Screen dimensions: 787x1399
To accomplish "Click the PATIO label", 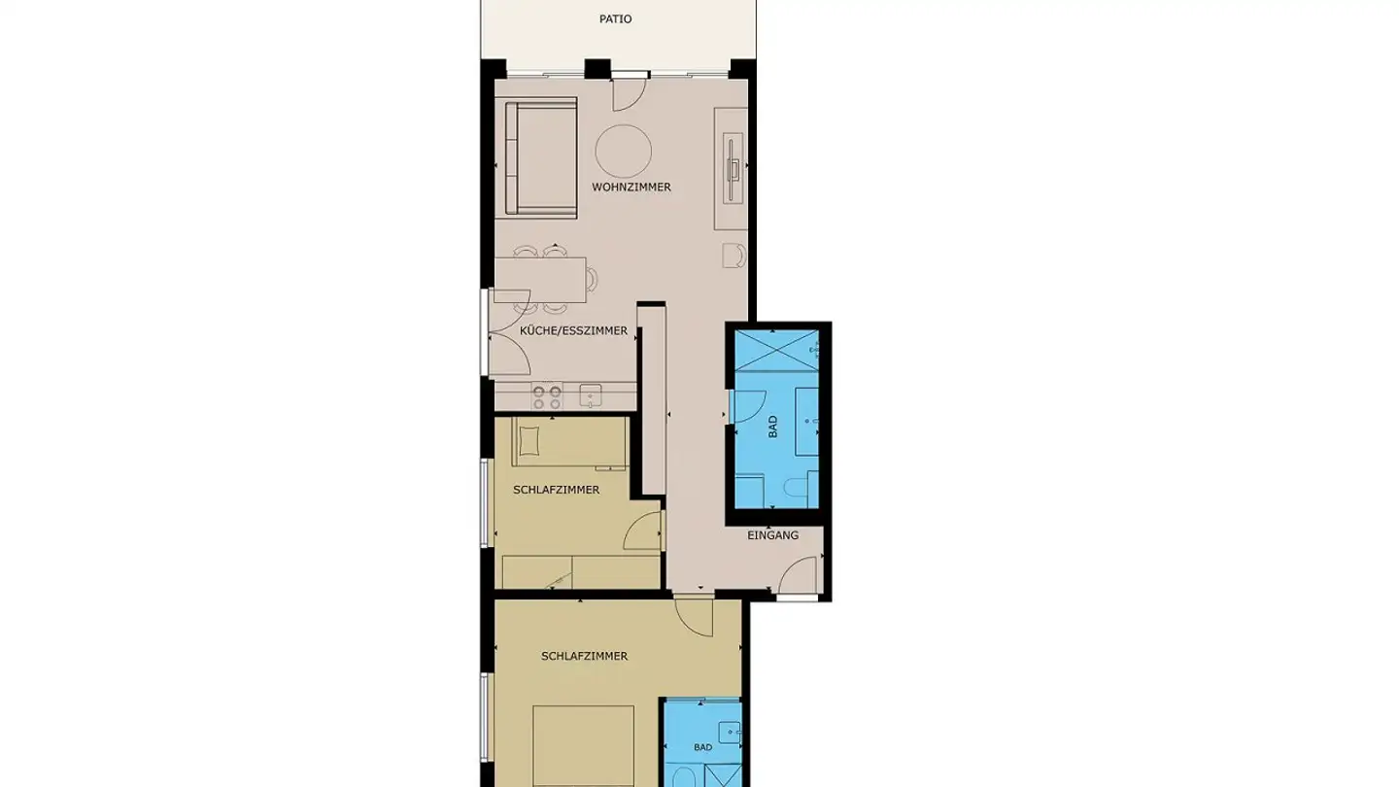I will pos(617,18).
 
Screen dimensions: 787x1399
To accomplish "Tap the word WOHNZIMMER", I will pos(631,187).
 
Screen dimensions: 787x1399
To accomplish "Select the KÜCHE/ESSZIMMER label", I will pos(574,331).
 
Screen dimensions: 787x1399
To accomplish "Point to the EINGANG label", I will pos(773,535).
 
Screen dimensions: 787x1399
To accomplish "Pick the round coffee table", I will pos(623,151).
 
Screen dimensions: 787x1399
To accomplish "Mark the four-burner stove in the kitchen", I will pos(546,396).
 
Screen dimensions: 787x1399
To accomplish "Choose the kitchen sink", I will pos(590,395).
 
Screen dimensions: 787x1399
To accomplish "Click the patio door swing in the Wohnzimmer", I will pos(627,93).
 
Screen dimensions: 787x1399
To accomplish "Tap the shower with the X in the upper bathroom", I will pos(777,350).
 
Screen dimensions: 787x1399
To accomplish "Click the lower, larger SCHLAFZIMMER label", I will pos(584,656).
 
